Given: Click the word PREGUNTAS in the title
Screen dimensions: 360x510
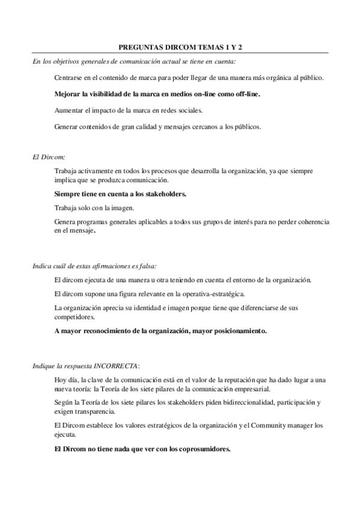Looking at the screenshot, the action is (137, 46).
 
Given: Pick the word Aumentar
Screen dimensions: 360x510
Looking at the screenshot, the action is (69, 111).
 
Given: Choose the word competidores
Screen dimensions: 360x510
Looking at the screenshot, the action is (73, 316).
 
